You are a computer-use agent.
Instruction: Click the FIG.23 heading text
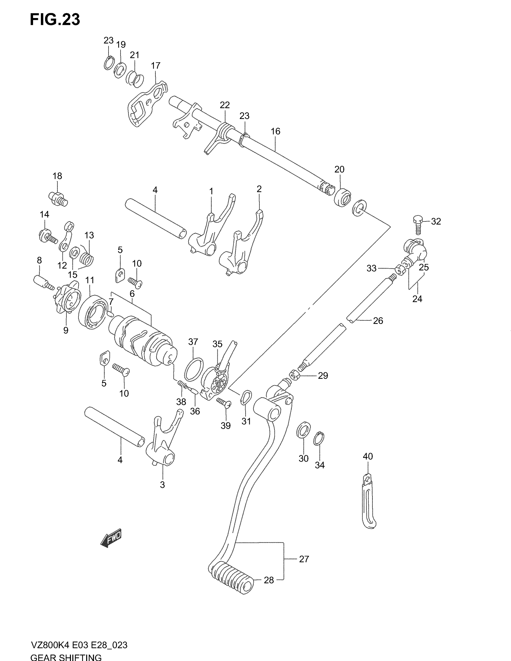[x=55, y=20]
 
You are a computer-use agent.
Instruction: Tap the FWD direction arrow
[x=111, y=538]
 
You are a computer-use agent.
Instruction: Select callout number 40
[x=368, y=456]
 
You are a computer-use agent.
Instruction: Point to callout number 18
[x=57, y=176]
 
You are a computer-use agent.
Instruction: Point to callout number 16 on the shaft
[x=275, y=131]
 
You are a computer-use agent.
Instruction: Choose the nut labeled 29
[x=294, y=376]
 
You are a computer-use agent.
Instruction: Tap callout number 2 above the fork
[x=259, y=189]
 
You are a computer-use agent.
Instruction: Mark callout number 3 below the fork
[x=162, y=484]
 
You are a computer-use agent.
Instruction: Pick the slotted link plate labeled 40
[x=369, y=502]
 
